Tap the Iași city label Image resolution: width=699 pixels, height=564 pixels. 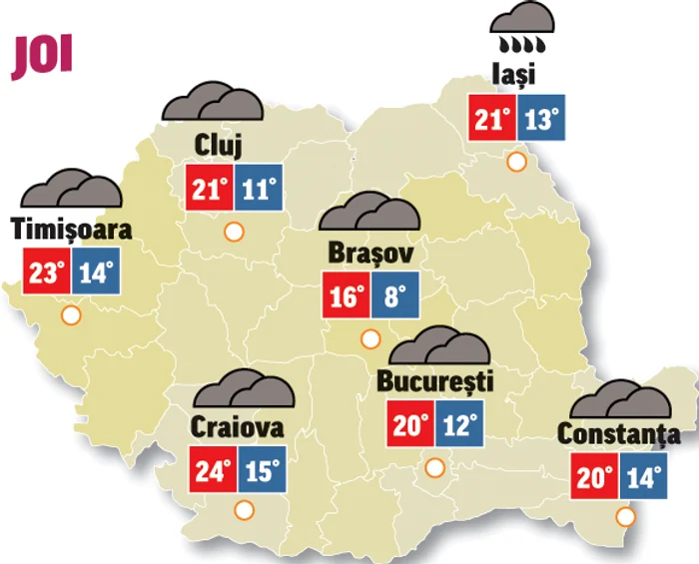coord(515,74)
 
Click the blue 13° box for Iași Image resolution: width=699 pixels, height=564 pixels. coord(542,121)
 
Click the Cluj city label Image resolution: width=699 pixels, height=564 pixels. coord(218,146)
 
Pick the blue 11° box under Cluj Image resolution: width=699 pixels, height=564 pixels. coord(259,189)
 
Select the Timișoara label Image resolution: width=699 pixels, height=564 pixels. coord(71,230)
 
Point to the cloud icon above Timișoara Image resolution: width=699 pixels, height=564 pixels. coord(70,187)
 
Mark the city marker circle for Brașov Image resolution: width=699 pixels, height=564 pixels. coord(369,339)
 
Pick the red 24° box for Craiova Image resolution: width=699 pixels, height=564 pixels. coord(214,470)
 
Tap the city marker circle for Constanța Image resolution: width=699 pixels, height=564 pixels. coord(625,517)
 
